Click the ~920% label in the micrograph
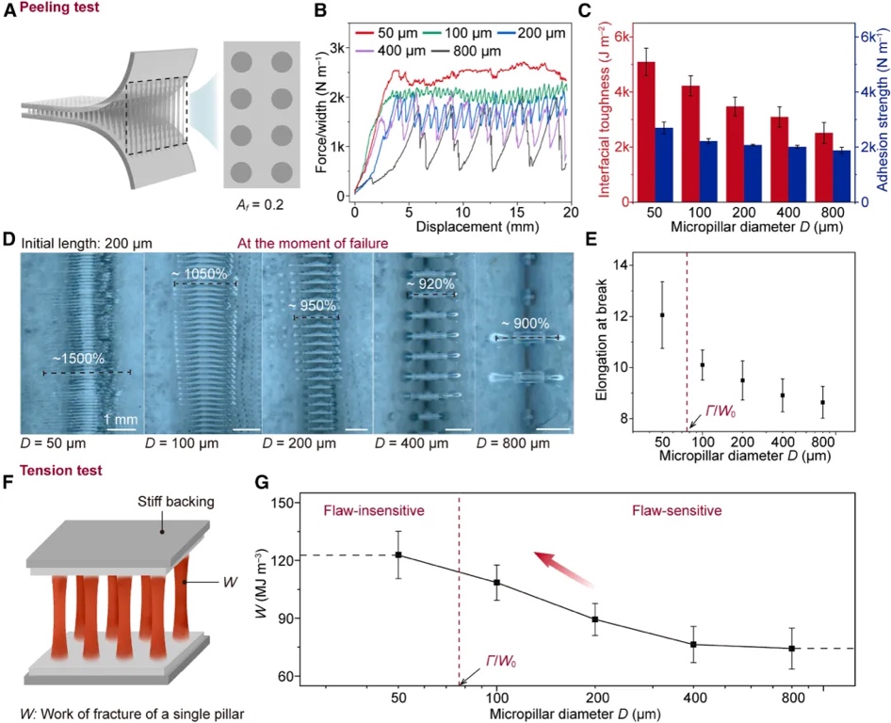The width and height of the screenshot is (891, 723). pyautogui.click(x=430, y=282)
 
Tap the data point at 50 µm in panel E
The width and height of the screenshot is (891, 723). pyautogui.click(x=662, y=315)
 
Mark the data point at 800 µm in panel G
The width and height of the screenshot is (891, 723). pyautogui.click(x=792, y=649)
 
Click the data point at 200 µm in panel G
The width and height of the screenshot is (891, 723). pyautogui.click(x=595, y=619)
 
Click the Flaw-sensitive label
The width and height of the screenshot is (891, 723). pyautogui.click(x=676, y=511)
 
